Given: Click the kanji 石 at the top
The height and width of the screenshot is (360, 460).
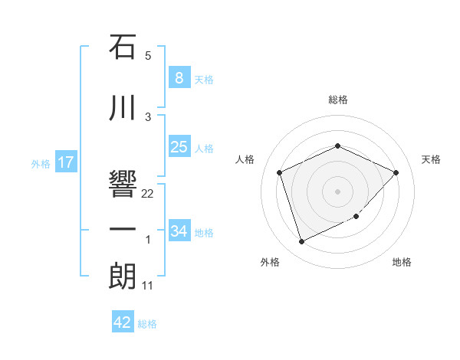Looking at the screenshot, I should click(x=123, y=47).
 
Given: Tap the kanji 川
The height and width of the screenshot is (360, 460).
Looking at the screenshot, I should click(x=123, y=109).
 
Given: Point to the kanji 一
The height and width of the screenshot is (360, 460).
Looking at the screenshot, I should click(x=123, y=229).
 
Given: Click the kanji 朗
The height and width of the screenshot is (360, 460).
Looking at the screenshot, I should click(x=123, y=276).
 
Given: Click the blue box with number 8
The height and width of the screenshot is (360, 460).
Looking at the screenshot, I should click(x=179, y=77).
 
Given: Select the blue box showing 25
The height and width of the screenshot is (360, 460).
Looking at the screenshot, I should click(x=179, y=147).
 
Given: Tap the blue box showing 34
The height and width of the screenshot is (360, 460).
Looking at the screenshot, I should click(x=179, y=231).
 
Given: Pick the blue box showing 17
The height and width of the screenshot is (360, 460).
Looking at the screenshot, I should click(x=65, y=162).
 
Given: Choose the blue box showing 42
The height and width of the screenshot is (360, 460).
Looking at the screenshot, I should click(x=123, y=322).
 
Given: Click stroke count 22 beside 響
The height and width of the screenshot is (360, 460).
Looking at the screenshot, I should click(x=148, y=194).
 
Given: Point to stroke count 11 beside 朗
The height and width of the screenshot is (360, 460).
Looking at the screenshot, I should click(x=148, y=286).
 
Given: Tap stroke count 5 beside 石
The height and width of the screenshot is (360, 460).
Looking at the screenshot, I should click(x=148, y=56).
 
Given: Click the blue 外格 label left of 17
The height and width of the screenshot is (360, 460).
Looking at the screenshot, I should click(x=40, y=163).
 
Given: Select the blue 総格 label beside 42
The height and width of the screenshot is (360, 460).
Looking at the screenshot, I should click(x=147, y=324).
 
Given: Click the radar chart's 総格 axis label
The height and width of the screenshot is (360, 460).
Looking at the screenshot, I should click(x=337, y=100).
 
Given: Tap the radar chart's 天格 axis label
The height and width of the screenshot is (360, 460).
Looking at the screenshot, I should click(x=432, y=159).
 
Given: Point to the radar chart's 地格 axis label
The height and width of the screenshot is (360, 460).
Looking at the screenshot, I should click(x=402, y=263).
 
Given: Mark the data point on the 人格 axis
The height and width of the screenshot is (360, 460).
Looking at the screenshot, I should click(x=280, y=172).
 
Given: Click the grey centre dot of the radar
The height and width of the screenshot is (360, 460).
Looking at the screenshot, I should click(x=337, y=191).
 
